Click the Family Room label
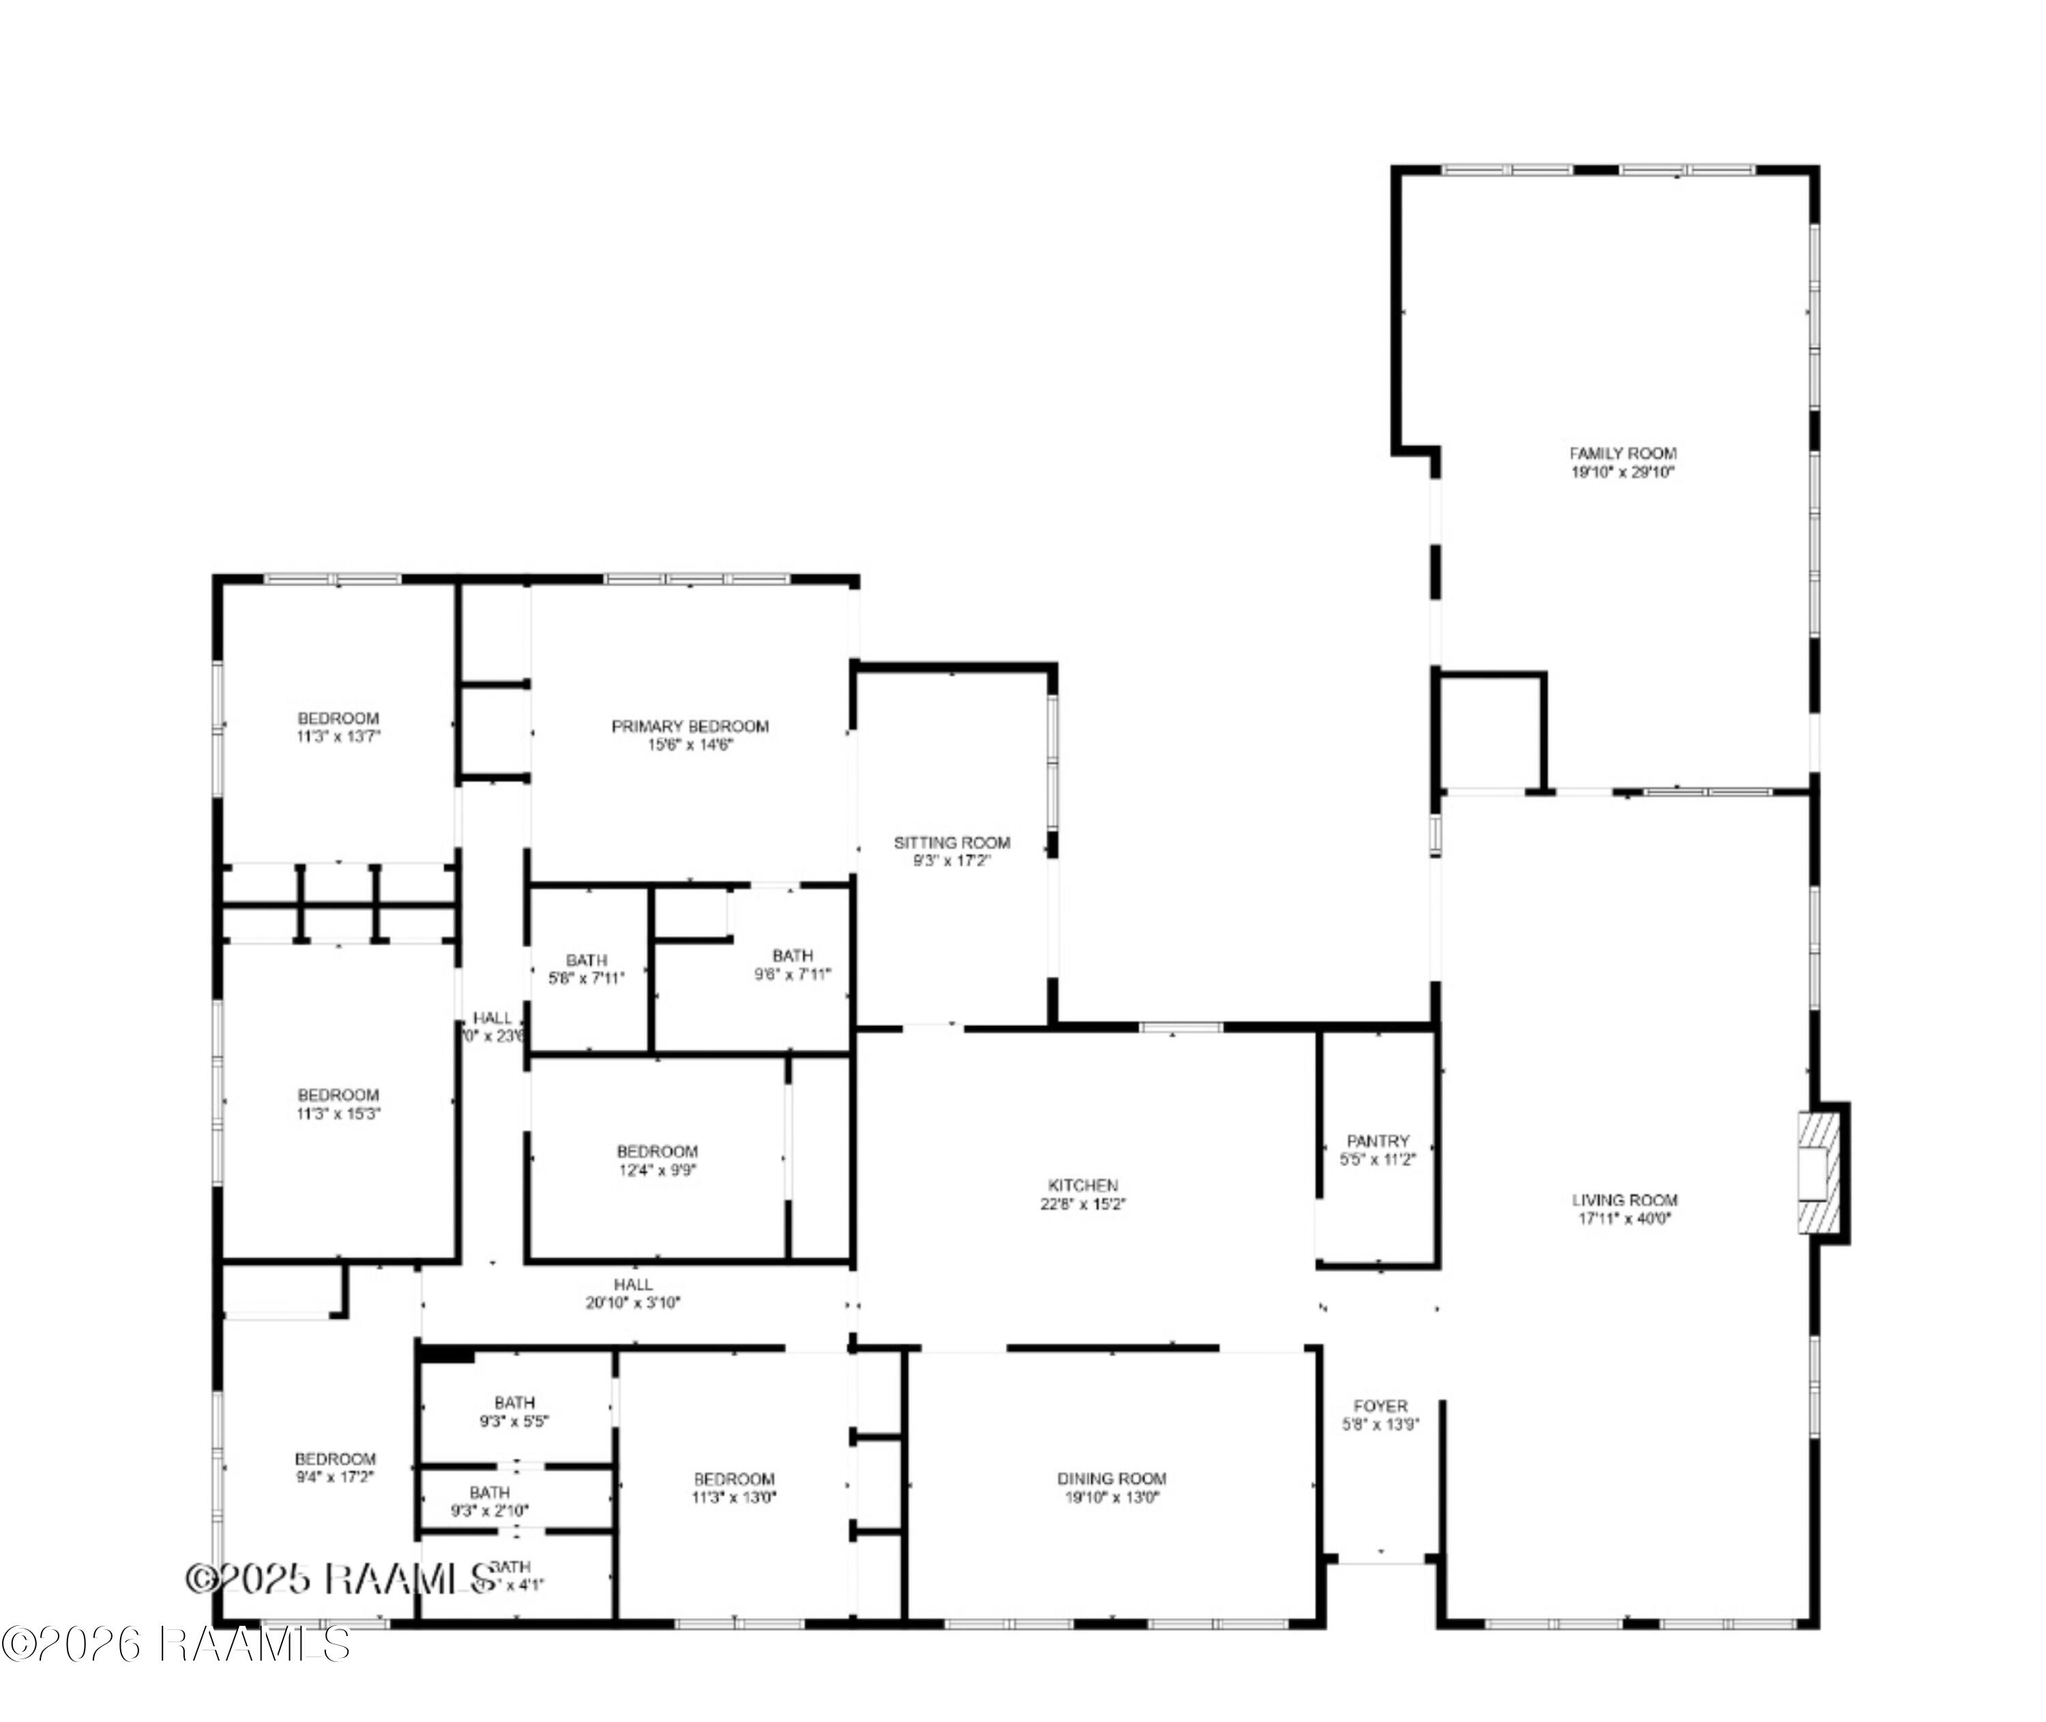click(1622, 453)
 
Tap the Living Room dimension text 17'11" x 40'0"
click(1625, 1218)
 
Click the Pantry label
click(1378, 1140)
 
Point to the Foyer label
click(1380, 1405)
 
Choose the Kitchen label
click(1083, 1185)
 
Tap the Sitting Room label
click(952, 843)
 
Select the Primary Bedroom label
click(690, 727)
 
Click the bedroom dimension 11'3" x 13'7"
click(338, 736)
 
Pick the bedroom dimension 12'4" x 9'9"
click(657, 1169)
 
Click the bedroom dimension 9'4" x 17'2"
click(335, 1477)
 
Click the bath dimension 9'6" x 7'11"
click(792, 974)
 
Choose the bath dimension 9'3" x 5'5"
click(514, 1421)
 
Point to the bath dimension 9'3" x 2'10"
click(490, 1511)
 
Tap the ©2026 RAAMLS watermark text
click(176, 1644)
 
